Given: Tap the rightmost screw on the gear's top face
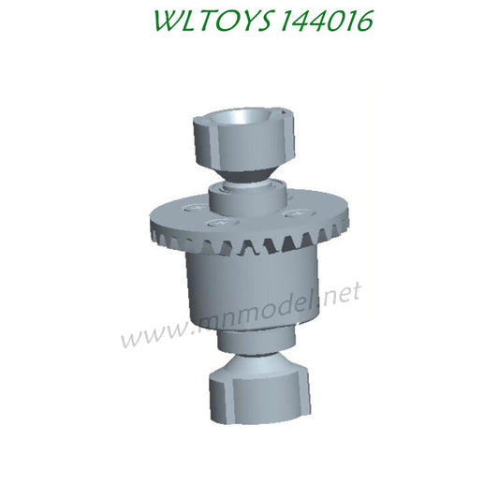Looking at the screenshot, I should pos(299,214).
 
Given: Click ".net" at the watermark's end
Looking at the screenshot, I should pos(337,294).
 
